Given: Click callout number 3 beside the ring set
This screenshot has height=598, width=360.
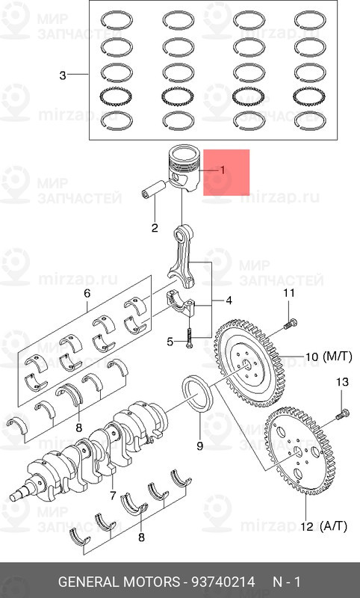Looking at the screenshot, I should click(x=63, y=75).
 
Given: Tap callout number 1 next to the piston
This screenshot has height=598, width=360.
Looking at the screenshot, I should click(x=221, y=170).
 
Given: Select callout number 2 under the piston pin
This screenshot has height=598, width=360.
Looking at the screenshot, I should click(x=154, y=228).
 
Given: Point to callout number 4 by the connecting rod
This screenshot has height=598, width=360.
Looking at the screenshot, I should click(x=229, y=301).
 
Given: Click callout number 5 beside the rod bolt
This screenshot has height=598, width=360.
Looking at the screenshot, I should click(x=170, y=342).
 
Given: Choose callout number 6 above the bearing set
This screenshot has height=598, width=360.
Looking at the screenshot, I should click(x=87, y=292).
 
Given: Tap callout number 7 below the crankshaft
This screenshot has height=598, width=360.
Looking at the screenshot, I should click(x=113, y=495).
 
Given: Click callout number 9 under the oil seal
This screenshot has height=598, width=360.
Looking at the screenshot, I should click(x=199, y=446).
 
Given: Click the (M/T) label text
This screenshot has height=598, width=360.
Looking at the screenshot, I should click(x=331, y=357).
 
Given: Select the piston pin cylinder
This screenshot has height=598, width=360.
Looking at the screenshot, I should click(x=153, y=193).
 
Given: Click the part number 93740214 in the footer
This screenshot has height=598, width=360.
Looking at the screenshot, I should click(x=224, y=582).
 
